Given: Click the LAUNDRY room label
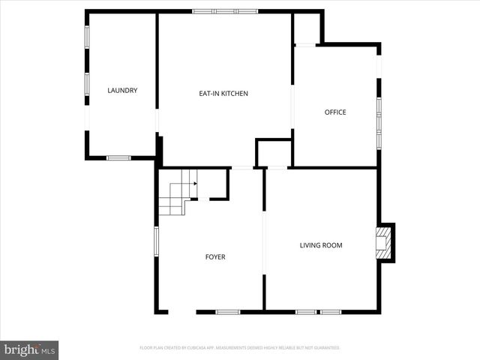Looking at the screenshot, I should (x=122, y=91).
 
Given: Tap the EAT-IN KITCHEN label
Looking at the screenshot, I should (x=223, y=94).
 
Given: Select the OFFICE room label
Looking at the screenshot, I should (x=335, y=112).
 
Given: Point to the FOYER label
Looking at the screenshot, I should (x=215, y=257).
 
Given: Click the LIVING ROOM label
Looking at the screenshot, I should (x=321, y=245).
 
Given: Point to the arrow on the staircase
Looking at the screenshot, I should (x=194, y=181).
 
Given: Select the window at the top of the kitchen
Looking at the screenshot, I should (x=225, y=11).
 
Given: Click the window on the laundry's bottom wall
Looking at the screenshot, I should (x=118, y=157).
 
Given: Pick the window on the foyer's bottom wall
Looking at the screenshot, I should (x=228, y=311).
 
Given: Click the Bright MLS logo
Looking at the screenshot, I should (x=29, y=349).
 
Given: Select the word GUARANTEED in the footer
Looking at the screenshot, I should (x=325, y=348).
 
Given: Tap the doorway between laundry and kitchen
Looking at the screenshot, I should (x=157, y=120).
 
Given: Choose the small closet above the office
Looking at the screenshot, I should (x=306, y=28).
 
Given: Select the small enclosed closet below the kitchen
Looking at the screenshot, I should (x=272, y=153).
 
